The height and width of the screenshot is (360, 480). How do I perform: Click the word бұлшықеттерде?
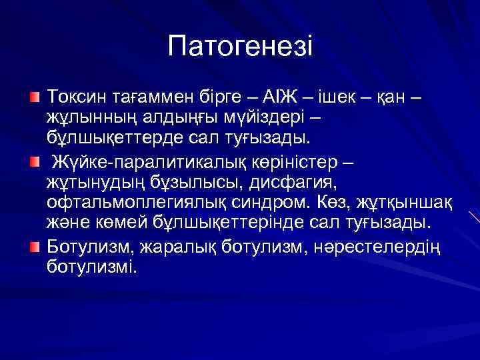[x=115, y=140]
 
